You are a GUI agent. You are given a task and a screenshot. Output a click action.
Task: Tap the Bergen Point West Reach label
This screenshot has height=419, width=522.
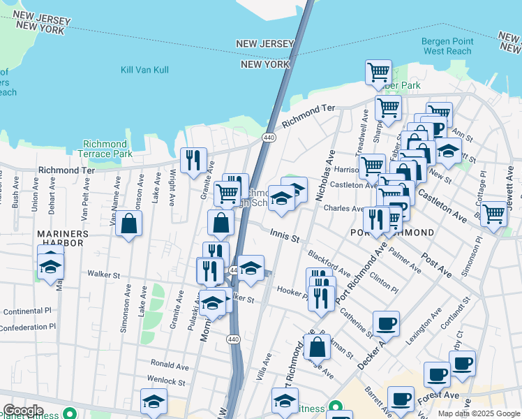(x=447, y=46)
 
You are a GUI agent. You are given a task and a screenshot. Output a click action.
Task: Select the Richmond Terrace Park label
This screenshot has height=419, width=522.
(x=107, y=149)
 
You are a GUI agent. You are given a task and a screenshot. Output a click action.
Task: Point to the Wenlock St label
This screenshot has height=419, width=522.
(x=165, y=382)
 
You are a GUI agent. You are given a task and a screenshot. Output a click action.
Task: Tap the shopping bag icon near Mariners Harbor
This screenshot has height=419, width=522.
(x=129, y=223)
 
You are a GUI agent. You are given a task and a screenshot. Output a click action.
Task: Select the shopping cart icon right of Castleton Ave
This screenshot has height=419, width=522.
(x=493, y=214)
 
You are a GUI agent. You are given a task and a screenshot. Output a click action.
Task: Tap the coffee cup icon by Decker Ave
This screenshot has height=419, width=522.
(x=386, y=323)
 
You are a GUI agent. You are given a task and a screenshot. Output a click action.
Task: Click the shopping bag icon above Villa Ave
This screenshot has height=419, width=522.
(x=317, y=346)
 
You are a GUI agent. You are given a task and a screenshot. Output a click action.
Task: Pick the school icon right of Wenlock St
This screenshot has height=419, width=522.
(x=154, y=402)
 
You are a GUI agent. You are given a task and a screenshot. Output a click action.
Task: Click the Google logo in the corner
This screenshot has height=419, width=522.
(x=23, y=411)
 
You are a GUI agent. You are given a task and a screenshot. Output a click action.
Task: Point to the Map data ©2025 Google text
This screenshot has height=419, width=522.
(x=478, y=413)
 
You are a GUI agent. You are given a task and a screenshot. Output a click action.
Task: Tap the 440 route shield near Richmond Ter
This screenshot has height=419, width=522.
(x=268, y=138)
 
